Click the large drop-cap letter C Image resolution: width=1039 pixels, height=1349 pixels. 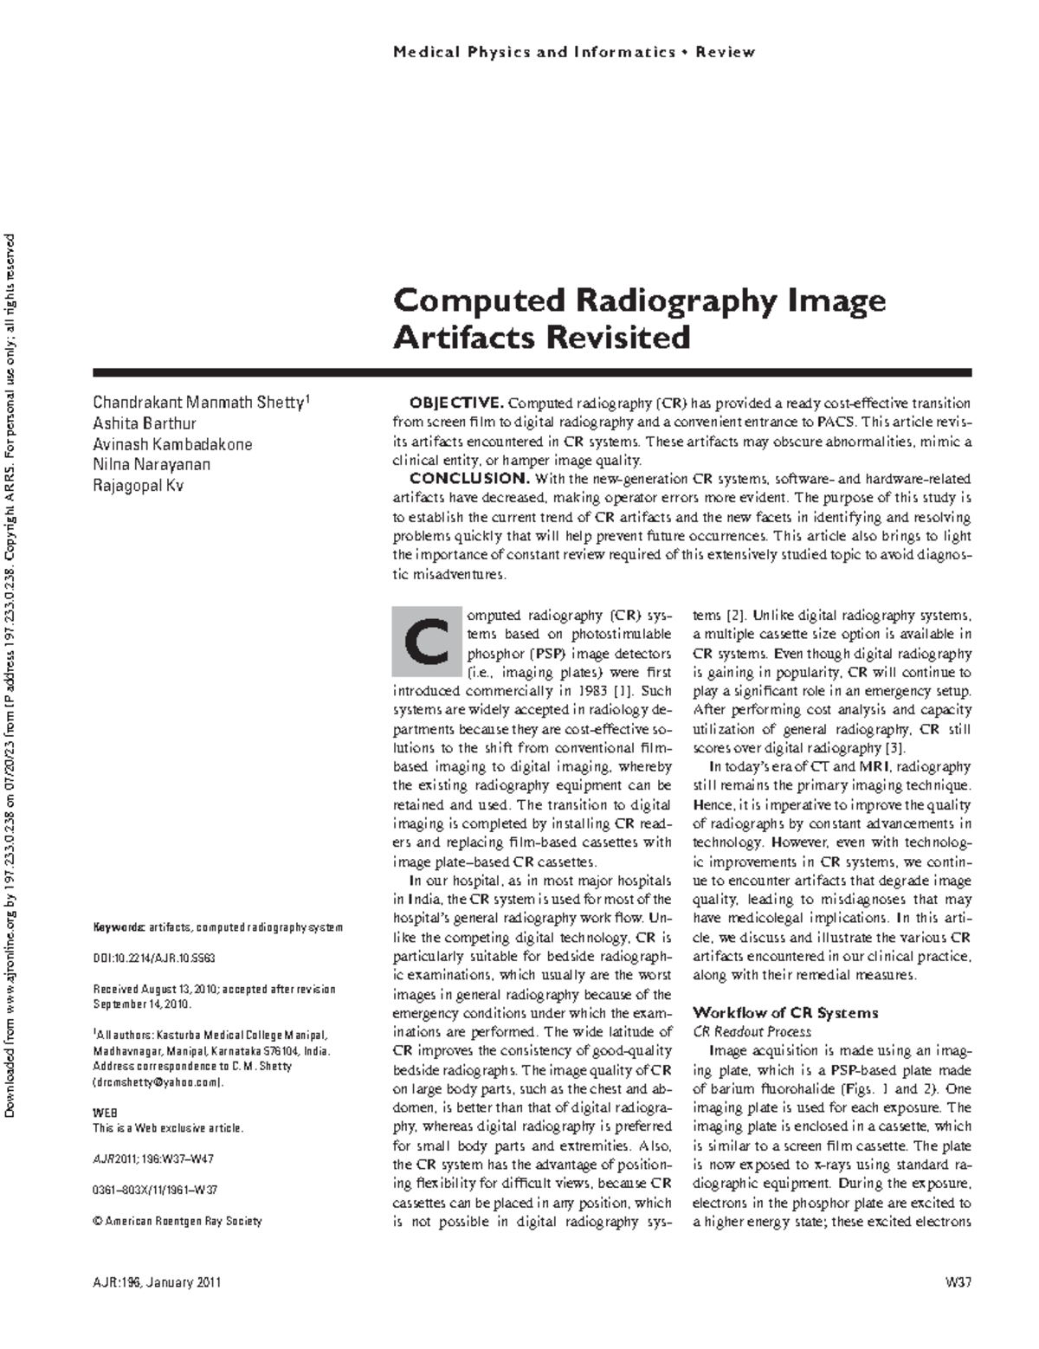421,642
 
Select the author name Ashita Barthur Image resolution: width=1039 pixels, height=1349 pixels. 145,423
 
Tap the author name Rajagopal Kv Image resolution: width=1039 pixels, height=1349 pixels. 138,484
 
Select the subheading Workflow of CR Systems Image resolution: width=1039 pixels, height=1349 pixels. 785,1012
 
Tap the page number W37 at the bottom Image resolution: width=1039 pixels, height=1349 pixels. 958,1282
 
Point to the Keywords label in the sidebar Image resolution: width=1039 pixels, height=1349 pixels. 119,927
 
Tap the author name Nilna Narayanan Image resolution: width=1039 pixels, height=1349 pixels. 152,464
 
